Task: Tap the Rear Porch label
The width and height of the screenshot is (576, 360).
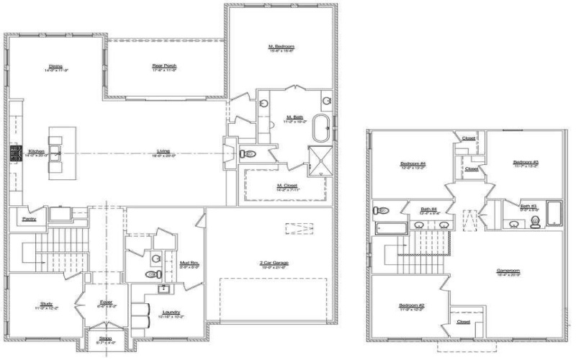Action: [x=164, y=66]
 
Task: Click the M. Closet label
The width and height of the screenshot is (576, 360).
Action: [x=288, y=185]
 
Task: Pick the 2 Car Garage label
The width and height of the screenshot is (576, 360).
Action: [x=274, y=263]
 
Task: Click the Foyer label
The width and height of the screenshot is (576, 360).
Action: [x=106, y=302]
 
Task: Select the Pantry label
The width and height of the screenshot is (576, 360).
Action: [x=30, y=218]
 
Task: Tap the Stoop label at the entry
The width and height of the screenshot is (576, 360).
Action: [x=106, y=340]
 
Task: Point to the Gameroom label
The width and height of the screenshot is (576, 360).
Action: [x=508, y=271]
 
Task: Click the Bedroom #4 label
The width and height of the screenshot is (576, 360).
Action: [x=408, y=164]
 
